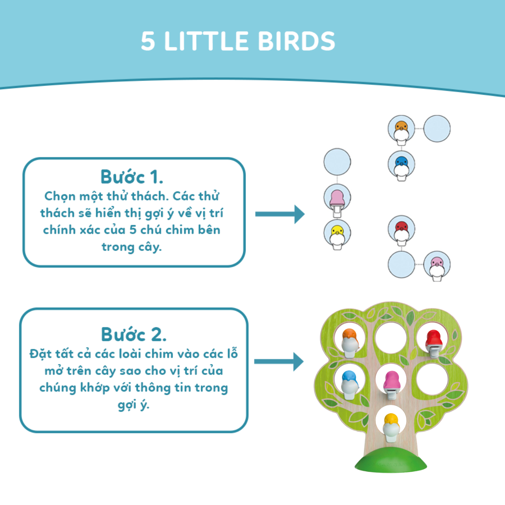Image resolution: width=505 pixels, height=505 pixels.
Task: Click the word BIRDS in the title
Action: pos(296,41)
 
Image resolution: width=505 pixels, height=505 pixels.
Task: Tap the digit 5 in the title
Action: pos(148,41)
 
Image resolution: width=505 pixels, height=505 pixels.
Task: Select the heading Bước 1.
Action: pos(132,177)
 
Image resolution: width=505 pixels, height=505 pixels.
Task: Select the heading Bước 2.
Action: pos(134,335)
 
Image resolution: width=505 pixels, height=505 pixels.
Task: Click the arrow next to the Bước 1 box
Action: pos(280,214)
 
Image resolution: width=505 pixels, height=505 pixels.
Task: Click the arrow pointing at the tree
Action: pos(279,362)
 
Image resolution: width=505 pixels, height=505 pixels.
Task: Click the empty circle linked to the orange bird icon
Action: pos(437,129)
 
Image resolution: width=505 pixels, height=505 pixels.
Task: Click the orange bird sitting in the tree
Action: pos(350,343)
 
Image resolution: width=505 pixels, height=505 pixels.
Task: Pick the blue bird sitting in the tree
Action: pos(349,385)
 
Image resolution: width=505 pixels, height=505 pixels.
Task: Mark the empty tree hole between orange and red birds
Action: pos(391,338)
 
